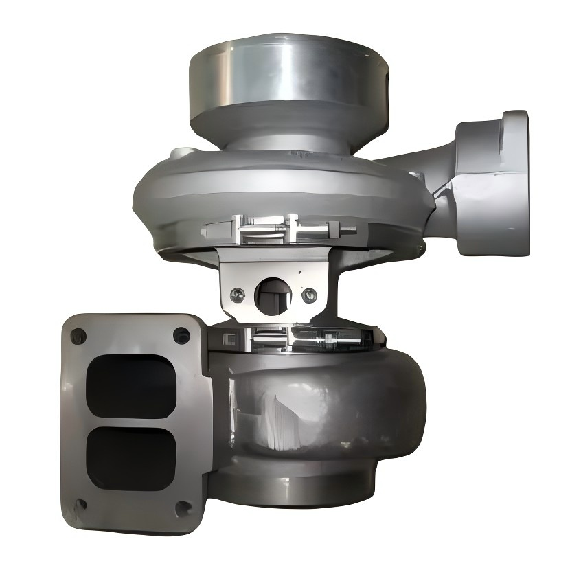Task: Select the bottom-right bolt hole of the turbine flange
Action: [183, 509]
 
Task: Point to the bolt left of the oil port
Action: [238, 295]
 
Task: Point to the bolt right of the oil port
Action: [308, 296]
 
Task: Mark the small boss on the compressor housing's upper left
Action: [180, 152]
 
